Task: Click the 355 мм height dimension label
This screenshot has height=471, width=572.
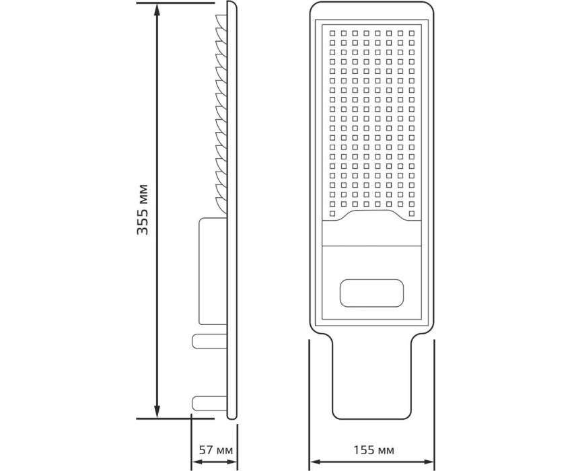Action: [x=142, y=210]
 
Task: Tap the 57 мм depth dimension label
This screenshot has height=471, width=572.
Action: [x=215, y=450]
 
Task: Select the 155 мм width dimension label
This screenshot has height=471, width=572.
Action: [x=374, y=450]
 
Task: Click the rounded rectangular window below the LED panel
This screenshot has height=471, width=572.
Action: [x=371, y=293]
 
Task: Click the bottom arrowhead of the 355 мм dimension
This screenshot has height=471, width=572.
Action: [x=157, y=412]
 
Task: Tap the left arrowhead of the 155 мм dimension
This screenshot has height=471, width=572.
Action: [x=315, y=462]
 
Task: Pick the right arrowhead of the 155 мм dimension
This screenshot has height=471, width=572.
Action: [x=428, y=462]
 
